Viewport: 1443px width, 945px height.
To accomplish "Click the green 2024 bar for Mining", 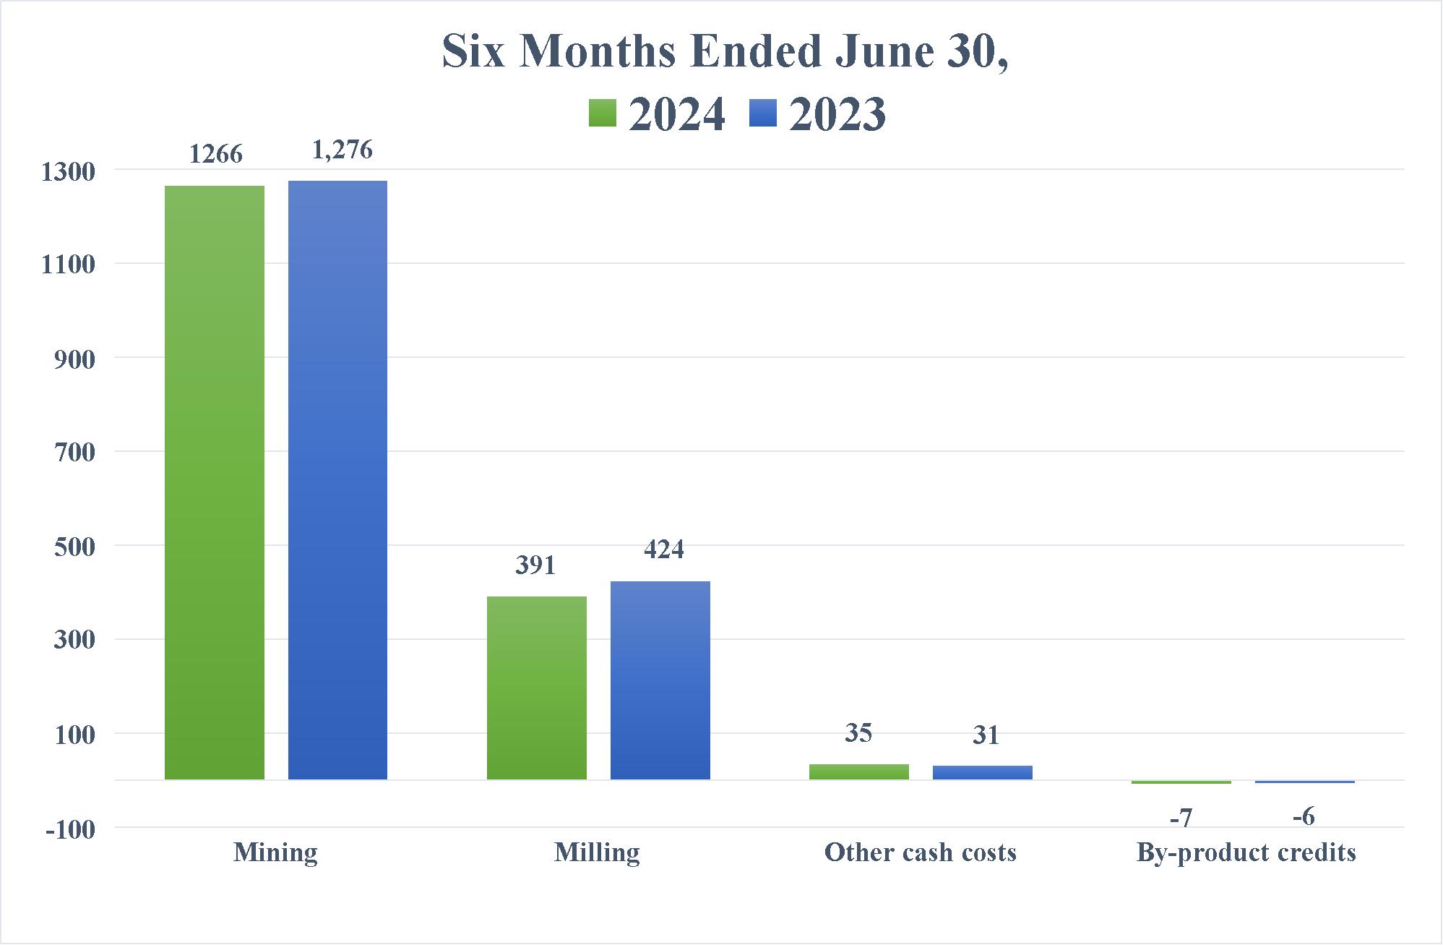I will (215, 482).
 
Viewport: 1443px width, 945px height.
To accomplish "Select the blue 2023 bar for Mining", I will (337, 480).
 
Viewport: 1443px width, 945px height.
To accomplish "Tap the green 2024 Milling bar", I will (537, 688).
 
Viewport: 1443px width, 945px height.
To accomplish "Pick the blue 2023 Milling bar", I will (660, 680).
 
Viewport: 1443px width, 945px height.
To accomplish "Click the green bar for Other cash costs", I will (858, 771).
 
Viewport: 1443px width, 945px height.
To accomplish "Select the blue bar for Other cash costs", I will (982, 772).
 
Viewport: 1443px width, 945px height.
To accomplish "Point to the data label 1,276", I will (343, 150).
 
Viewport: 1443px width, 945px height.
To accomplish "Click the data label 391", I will (535, 565).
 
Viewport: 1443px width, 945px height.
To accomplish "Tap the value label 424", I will (663, 550).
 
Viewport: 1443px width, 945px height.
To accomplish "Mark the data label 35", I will (858, 733).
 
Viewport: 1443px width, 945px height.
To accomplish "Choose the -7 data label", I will (1180, 818).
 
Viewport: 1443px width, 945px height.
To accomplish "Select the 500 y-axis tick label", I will (74, 547).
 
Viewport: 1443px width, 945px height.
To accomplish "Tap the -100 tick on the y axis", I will (70, 829).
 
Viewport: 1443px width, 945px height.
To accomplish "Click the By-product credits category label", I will (1246, 853).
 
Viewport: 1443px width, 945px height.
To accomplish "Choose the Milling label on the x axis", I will (597, 853).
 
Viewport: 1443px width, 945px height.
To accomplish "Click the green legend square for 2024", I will (602, 114).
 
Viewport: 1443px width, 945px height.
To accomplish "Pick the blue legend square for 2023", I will (763, 114).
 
